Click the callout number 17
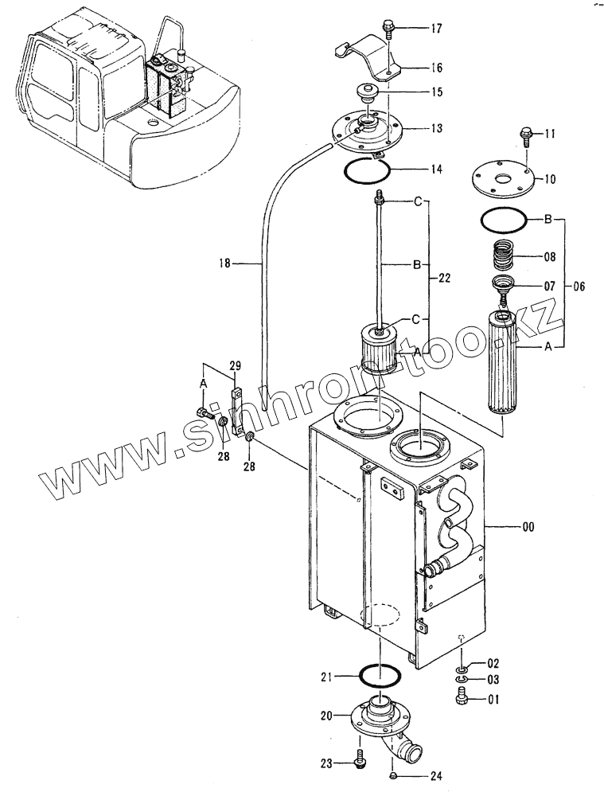coord(437,29)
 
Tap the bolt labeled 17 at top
coord(388,29)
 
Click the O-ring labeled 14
coord(367,168)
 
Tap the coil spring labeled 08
coord(506,257)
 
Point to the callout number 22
coord(444,278)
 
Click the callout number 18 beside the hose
coord(224,263)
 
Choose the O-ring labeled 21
coord(380,676)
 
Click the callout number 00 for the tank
coord(528,527)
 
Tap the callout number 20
coord(325,716)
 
